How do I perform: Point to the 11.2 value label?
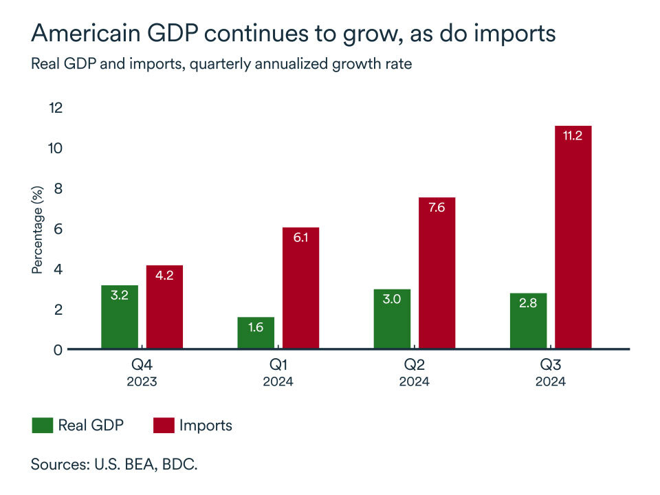click(x=573, y=136)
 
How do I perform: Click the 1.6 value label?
click(x=256, y=327)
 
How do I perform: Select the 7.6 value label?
click(x=437, y=208)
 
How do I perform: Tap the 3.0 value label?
click(x=392, y=300)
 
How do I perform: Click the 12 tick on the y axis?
click(x=56, y=108)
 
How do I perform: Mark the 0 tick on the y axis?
click(x=59, y=350)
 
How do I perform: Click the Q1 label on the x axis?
click(x=278, y=364)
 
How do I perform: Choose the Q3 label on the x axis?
click(x=551, y=364)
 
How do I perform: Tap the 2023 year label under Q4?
click(x=142, y=382)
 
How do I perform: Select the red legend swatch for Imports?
click(x=162, y=426)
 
